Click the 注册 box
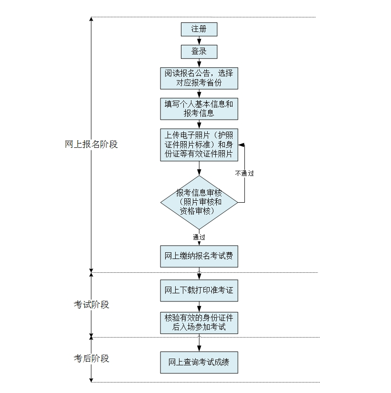click(199, 29)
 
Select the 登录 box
click(199, 52)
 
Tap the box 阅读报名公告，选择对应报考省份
click(199, 78)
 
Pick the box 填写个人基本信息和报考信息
click(199, 109)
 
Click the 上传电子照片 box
click(199, 145)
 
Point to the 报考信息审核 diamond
click(199, 202)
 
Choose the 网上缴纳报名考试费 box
click(199, 256)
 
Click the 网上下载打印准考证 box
click(199, 290)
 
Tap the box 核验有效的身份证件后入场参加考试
click(199, 322)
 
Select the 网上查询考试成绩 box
click(199, 362)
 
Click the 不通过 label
click(244, 173)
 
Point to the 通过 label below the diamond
click(199, 237)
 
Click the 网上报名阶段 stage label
click(91, 144)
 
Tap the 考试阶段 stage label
click(91, 304)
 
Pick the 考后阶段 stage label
click(91, 358)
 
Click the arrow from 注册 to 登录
click(199, 41)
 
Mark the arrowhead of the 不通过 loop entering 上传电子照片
click(241, 145)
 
